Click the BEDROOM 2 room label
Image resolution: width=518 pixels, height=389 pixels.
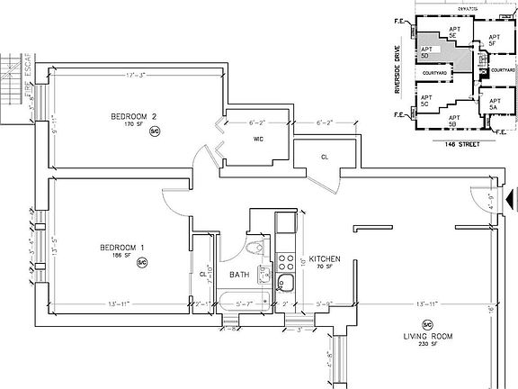[133, 117]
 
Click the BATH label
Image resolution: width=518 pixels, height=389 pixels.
[238, 275]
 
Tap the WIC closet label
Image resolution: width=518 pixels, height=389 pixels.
[256, 138]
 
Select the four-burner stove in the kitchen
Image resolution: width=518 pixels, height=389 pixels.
[286, 263]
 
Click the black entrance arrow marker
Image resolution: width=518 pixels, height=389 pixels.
[510, 196]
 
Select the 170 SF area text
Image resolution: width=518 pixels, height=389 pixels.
[133, 126]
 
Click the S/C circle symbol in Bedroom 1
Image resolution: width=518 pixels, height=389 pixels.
[141, 261]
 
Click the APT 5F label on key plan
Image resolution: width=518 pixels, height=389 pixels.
[493, 38]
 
